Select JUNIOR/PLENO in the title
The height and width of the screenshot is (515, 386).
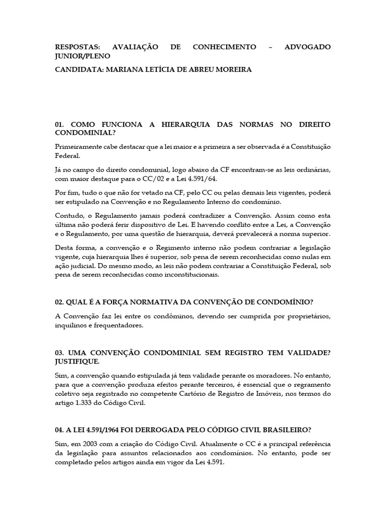(x=82, y=56)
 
